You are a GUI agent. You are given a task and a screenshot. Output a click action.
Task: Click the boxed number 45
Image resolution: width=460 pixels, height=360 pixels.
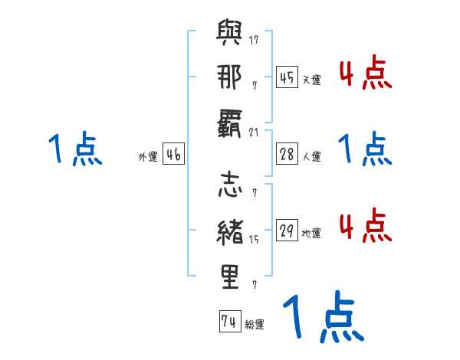click(287, 77)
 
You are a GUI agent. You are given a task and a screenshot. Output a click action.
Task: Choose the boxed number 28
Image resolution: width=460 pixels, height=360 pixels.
click(287, 154)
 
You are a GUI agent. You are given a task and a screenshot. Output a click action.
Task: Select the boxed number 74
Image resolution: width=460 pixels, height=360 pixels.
click(228, 322)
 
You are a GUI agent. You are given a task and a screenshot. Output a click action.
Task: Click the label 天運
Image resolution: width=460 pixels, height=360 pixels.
click(311, 80)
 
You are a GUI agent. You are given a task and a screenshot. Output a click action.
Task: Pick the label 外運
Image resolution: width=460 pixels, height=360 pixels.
click(147, 156)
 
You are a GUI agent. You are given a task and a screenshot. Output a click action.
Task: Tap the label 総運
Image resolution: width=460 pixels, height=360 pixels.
click(254, 325)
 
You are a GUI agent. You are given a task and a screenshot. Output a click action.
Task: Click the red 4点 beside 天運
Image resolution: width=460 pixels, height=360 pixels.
click(366, 73)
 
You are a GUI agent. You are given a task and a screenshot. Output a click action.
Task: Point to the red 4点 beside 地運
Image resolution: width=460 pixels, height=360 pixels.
click(366, 226)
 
